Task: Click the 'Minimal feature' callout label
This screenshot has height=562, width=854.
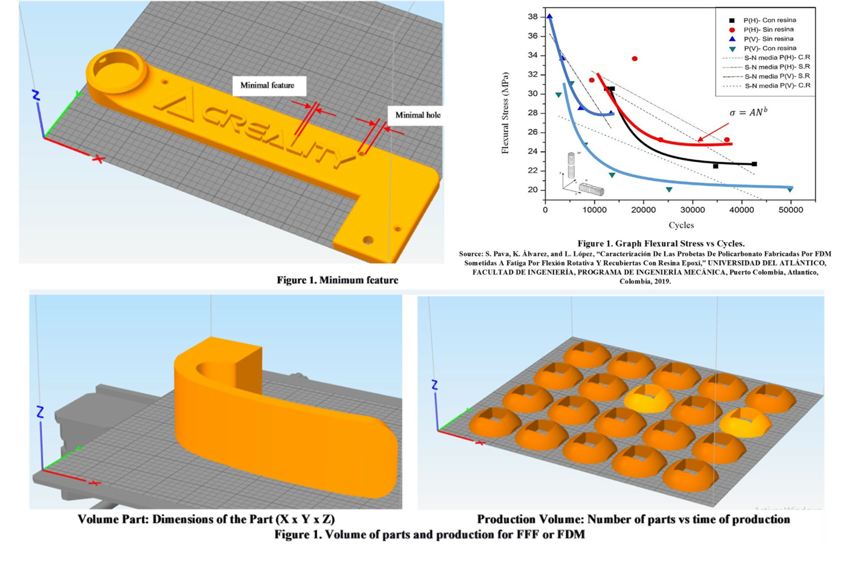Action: pos(267,85)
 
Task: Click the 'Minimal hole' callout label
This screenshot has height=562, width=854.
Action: pos(418,115)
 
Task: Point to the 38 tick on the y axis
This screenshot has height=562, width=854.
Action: pos(532,17)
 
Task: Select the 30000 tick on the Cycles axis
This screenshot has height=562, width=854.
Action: pos(693,210)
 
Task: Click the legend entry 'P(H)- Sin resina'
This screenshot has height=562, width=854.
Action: pos(768,30)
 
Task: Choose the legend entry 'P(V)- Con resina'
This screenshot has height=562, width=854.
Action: pos(769,48)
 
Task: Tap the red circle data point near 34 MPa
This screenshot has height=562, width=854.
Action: pos(634,58)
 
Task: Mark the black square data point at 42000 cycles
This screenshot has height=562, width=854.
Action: pos(754,164)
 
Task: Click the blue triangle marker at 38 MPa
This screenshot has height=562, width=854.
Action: pos(549,16)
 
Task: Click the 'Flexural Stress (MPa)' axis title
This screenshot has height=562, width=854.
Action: pos(505,113)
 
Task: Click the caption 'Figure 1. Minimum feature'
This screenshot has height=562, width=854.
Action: pos(337,280)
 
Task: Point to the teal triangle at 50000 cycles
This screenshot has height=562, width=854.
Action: pos(790,189)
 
